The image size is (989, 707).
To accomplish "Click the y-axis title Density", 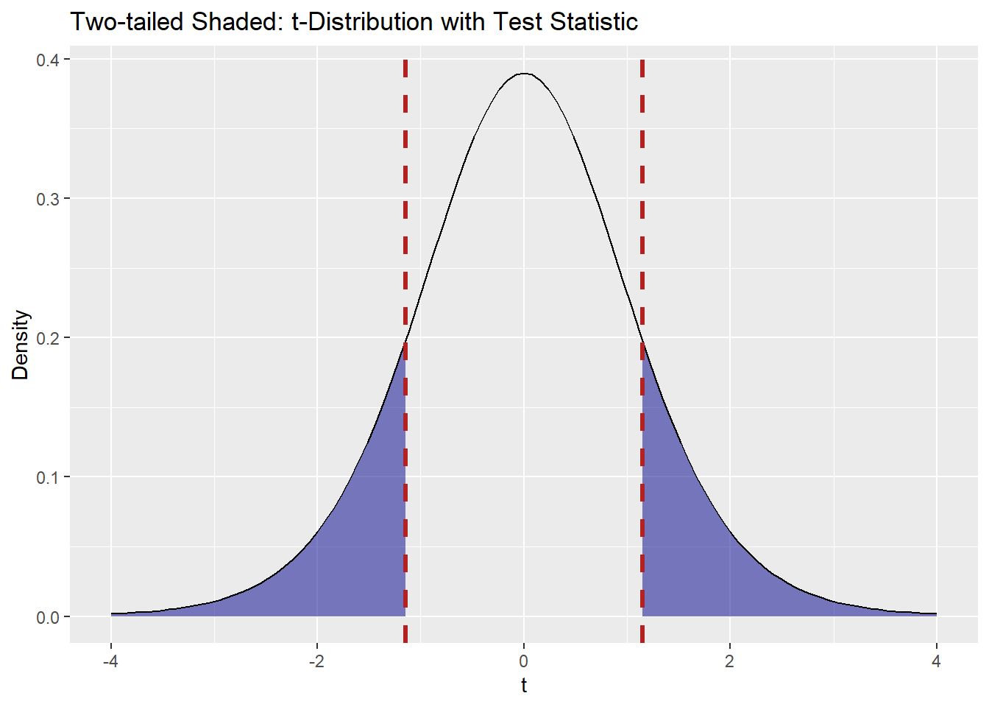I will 21,345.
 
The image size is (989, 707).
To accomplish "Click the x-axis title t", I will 524,686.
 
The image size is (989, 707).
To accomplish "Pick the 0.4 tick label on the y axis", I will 48,60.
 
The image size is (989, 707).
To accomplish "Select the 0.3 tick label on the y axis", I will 48,199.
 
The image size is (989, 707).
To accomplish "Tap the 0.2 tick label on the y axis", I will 48,338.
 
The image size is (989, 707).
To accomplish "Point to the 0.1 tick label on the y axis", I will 48,477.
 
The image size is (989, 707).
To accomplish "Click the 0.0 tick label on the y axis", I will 48,617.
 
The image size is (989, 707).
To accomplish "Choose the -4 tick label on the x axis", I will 110,661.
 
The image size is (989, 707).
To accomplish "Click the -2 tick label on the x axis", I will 316,661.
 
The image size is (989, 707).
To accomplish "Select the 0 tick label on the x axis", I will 524,661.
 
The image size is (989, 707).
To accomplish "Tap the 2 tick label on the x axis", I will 730,661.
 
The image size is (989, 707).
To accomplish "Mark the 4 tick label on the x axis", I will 936,661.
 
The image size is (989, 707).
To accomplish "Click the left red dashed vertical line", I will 405,221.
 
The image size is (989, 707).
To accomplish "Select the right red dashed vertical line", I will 642,221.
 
